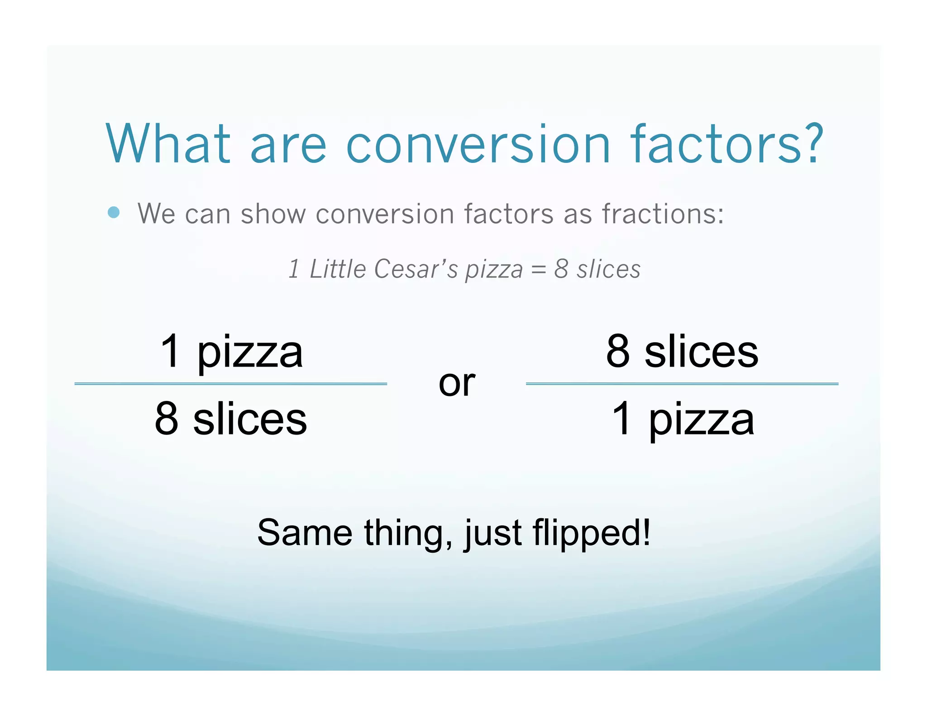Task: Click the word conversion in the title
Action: tap(478, 145)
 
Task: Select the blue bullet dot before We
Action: tap(114, 212)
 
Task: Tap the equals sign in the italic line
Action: tap(538, 270)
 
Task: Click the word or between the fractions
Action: tap(457, 383)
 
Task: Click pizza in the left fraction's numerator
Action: tap(250, 353)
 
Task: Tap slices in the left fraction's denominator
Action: tap(250, 420)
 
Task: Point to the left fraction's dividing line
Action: tap(230, 384)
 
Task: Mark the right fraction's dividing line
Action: tap(682, 384)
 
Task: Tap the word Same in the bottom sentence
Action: tap(305, 533)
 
